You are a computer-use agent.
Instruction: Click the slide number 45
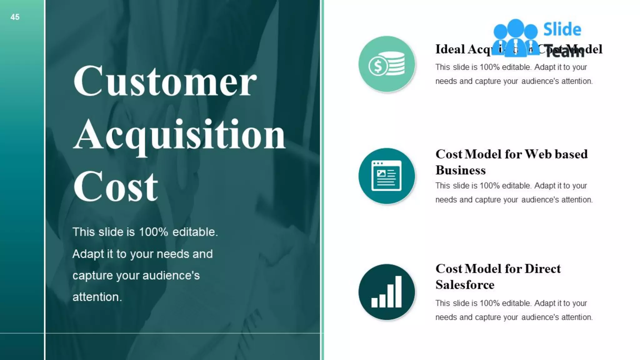point(15,17)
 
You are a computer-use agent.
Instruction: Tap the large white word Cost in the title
point(116,187)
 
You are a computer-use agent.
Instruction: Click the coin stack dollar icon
point(387,64)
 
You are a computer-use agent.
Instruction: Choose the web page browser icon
point(387,176)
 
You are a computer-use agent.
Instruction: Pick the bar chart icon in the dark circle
point(387,292)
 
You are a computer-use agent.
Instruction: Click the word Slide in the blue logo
point(562,29)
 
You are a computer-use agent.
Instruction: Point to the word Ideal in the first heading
point(450,49)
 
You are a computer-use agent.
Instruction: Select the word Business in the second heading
point(461,170)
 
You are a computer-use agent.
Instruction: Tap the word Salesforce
point(465,285)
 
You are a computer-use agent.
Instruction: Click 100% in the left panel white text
point(153,232)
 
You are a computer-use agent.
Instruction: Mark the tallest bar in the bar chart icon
point(398,291)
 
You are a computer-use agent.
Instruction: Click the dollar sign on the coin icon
point(378,66)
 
